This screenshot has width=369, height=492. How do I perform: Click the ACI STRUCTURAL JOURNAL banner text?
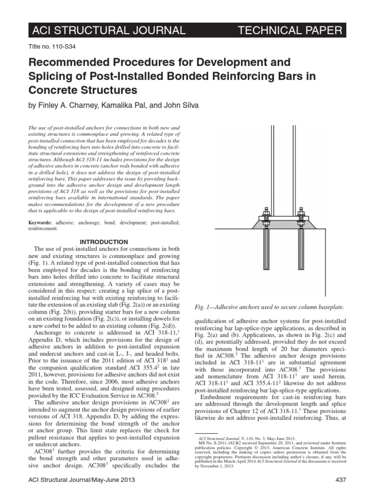tap(108, 31)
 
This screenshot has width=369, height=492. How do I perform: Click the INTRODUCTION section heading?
tap(104, 241)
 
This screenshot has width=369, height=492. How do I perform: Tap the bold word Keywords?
tap(39, 223)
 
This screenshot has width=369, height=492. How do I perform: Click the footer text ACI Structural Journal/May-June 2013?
tap(82, 480)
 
